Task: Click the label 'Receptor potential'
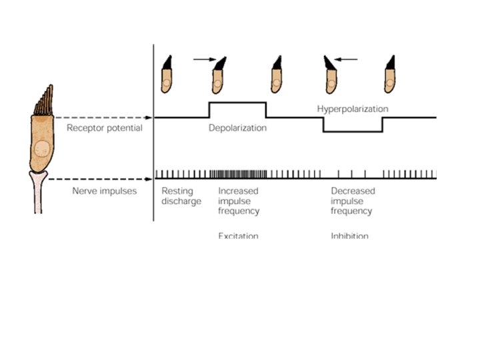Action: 104,128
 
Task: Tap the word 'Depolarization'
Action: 237,128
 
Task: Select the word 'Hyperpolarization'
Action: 353,108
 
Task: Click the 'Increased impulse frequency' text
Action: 239,201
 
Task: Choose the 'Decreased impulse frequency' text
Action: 353,201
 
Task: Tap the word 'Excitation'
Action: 238,236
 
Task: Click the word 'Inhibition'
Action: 349,236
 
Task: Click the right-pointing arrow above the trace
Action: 203,59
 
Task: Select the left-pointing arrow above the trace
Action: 346,59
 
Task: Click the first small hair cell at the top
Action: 167,73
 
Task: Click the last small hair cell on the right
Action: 390,73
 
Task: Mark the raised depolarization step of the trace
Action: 237,103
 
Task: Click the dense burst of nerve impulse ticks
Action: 238,175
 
